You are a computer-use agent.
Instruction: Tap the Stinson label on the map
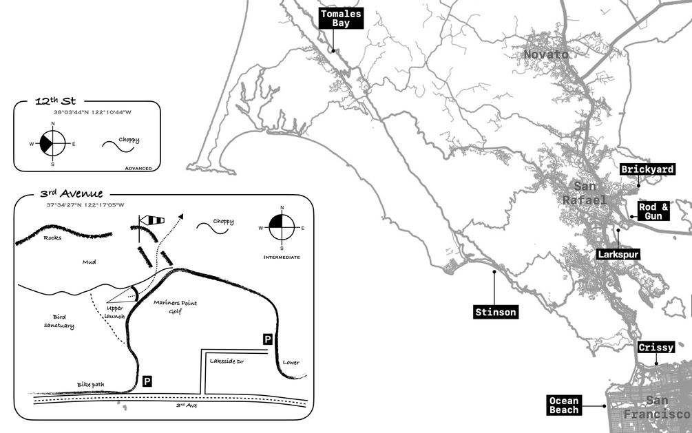click(495, 312)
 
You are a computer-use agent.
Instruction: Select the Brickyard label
click(647, 169)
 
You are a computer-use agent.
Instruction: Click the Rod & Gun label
click(653, 211)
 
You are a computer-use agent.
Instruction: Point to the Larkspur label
click(618, 254)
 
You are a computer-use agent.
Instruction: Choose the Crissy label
click(656, 348)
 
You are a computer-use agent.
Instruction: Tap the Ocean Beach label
click(565, 405)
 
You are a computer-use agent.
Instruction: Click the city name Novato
click(546, 54)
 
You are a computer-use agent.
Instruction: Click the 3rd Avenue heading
click(71, 194)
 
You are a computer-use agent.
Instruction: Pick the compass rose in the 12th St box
click(53, 144)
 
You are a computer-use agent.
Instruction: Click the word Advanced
click(138, 168)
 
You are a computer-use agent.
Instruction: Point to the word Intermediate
click(282, 257)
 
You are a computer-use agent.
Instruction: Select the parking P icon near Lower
click(267, 339)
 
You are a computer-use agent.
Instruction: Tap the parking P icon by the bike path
click(147, 380)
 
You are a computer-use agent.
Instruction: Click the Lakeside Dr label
click(228, 361)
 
